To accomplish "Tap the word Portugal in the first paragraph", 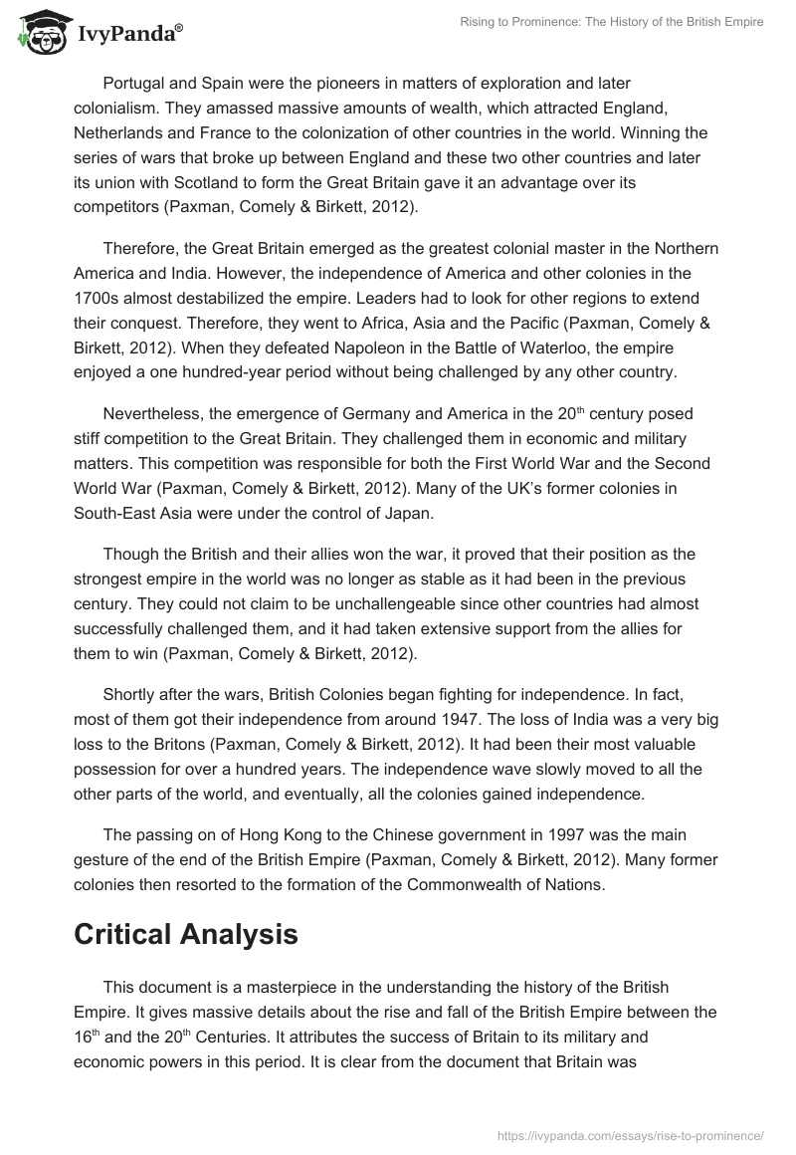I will point(136,84).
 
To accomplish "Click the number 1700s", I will point(101,299).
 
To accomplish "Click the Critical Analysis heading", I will point(185,934).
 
